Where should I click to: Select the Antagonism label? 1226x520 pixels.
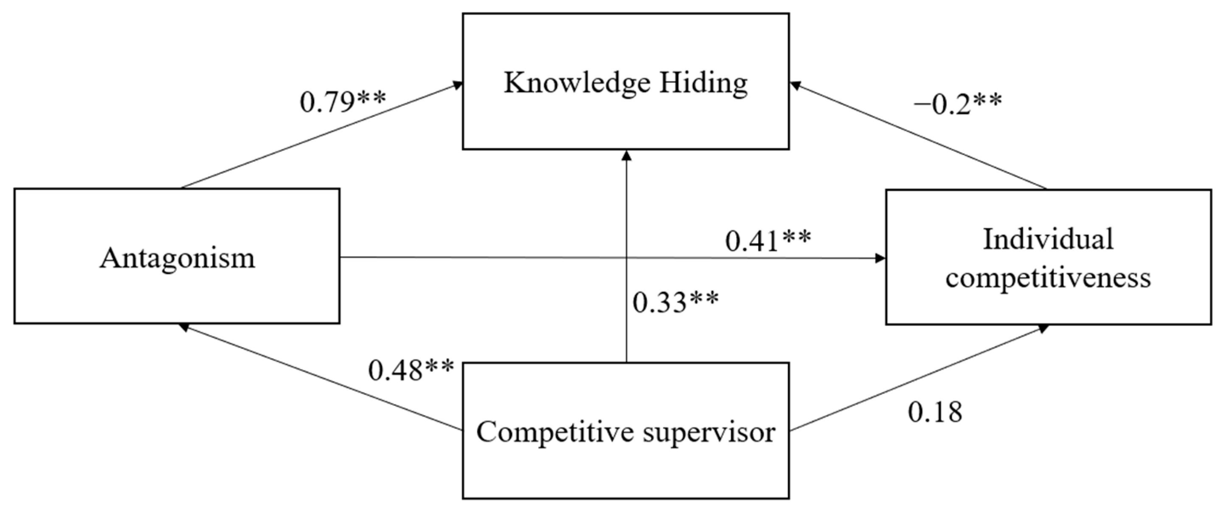click(177, 259)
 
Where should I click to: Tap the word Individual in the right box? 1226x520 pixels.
click(1048, 239)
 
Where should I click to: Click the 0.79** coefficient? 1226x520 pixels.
click(343, 102)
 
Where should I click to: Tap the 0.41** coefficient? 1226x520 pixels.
click(768, 240)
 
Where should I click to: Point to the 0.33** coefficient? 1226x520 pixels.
click(675, 302)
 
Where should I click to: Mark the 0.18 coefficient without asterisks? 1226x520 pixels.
click(935, 412)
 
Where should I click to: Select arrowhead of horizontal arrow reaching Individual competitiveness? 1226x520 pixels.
click(880, 259)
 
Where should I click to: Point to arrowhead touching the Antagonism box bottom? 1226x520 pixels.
click(183, 327)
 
